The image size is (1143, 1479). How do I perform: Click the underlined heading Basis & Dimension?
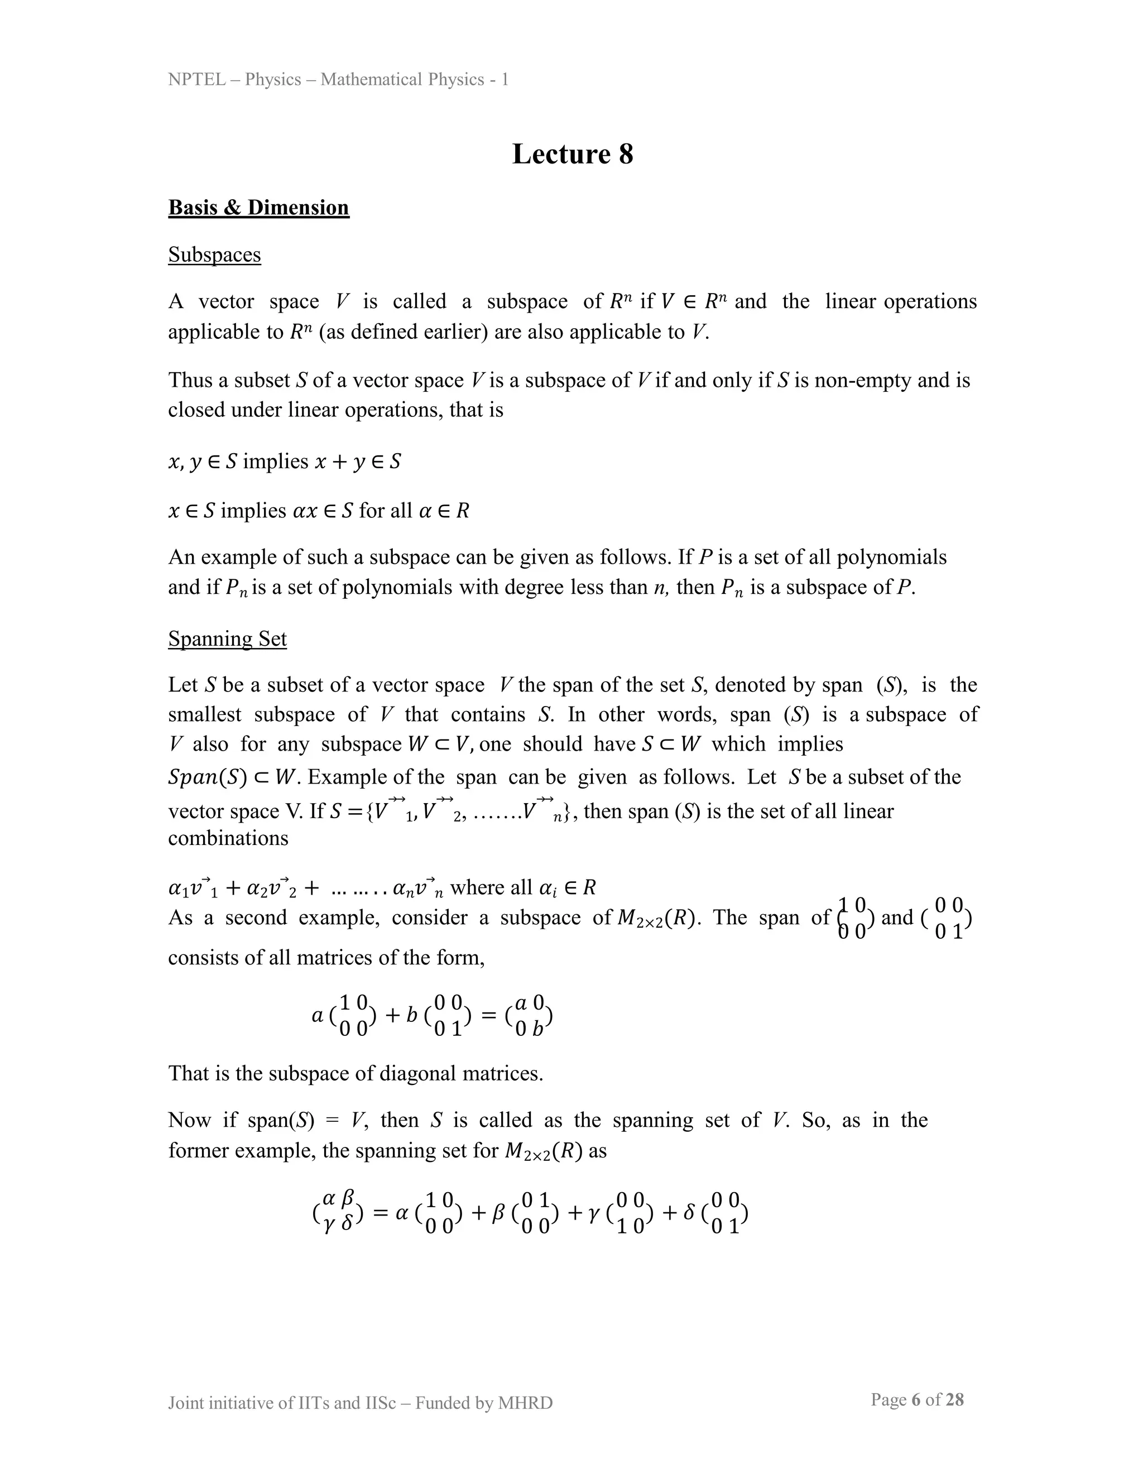coord(258,207)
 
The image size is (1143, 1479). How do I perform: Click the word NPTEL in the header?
coord(196,80)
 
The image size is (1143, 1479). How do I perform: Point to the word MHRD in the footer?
coord(525,1403)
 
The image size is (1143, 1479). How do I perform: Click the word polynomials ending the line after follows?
coord(891,558)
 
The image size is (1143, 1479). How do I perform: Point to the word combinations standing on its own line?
coord(228,838)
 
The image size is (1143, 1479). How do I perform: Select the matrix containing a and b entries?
coord(529,1016)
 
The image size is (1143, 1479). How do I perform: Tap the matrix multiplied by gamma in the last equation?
coord(630,1213)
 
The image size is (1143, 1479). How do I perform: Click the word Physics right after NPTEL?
coord(273,80)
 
